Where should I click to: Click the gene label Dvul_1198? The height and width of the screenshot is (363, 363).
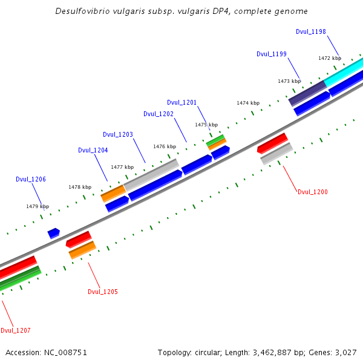[x=311, y=31]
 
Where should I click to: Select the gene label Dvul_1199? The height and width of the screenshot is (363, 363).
[x=272, y=54]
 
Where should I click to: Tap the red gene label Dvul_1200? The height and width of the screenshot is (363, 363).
[x=313, y=192]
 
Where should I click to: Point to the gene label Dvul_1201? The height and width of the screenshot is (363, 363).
[x=182, y=102]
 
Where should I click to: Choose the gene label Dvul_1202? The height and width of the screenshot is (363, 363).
[x=159, y=114]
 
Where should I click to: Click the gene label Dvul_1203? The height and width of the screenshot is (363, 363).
[x=118, y=134]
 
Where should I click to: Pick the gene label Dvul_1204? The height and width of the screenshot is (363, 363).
[x=93, y=150]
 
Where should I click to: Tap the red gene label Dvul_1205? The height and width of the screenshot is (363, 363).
[x=103, y=292]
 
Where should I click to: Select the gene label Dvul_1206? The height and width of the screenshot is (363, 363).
[x=31, y=179]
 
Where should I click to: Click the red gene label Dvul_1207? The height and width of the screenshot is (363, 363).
[x=16, y=330]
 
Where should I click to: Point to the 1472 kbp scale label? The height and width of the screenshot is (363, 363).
[x=330, y=58]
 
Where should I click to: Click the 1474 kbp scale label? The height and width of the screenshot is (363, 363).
[x=247, y=103]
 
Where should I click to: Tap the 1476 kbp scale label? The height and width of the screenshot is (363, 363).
[x=165, y=146]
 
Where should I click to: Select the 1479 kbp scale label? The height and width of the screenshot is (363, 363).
[x=38, y=206]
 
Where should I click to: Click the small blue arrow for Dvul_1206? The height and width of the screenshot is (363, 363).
[x=54, y=232]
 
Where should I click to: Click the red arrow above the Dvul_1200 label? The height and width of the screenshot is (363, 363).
[x=272, y=143]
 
